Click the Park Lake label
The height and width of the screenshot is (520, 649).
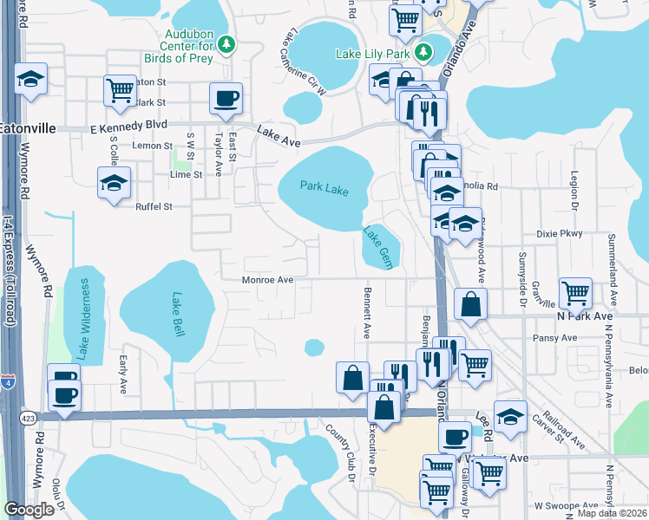pyautogui.click(x=324, y=186)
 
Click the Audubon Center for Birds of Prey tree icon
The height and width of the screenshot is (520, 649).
pyautogui.click(x=226, y=42)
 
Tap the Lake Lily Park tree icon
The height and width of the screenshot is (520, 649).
pyautogui.click(x=424, y=52)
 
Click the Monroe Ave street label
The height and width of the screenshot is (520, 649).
pyautogui.click(x=268, y=280)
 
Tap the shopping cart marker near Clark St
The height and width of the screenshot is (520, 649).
pyautogui.click(x=119, y=88)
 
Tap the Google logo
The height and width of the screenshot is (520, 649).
pyautogui.click(x=29, y=510)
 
